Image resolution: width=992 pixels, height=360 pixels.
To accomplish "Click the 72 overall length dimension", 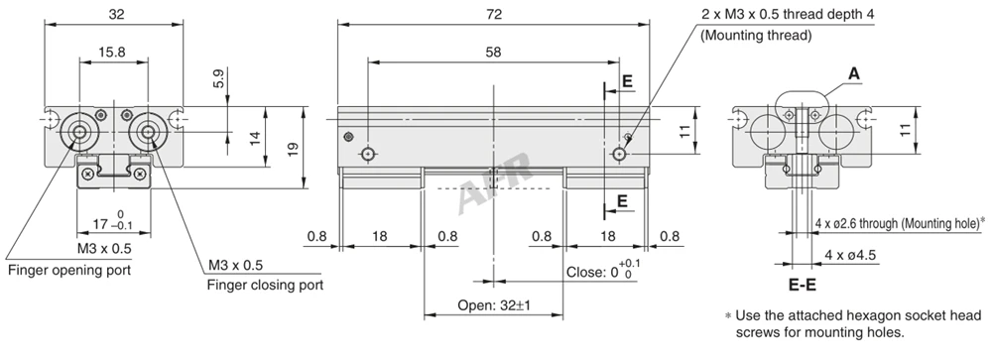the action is (494, 14).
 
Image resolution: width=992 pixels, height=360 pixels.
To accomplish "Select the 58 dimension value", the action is (493, 53).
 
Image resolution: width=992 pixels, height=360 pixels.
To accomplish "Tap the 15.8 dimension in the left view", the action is (112, 53).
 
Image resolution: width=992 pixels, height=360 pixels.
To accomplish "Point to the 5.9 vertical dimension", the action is (219, 77).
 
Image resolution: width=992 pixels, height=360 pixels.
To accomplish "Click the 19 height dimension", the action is (293, 150).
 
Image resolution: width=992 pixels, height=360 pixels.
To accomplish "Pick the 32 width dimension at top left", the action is (116, 14).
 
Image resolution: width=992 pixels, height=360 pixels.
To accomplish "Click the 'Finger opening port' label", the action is (69, 270).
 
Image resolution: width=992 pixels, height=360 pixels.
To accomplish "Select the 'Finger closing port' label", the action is (265, 285).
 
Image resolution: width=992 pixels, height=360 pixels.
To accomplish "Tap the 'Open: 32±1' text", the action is (494, 305).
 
